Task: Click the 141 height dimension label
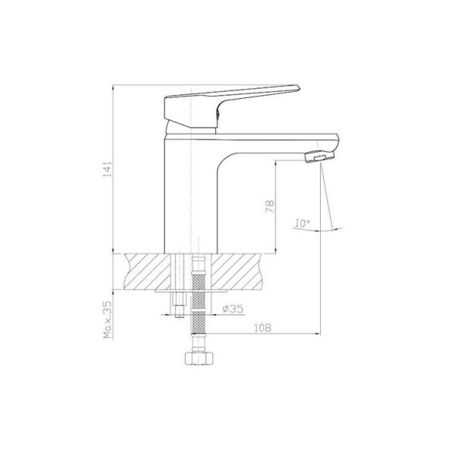point(107,169)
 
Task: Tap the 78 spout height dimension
point(270,206)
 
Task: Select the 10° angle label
point(302,223)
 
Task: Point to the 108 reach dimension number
point(263,328)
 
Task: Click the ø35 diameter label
point(233,309)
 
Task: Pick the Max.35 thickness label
point(107,319)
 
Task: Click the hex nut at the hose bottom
point(199,358)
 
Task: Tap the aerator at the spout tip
point(320,156)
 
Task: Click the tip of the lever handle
point(298,87)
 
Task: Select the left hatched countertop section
point(147,271)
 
